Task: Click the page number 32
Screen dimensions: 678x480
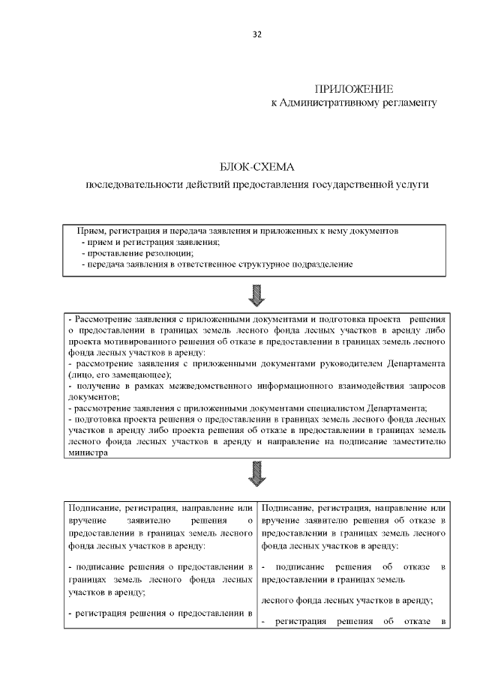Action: pyautogui.click(x=257, y=35)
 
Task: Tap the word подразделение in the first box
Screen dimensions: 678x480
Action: pyautogui.click(x=320, y=264)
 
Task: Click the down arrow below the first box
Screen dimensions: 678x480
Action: pyautogui.click(x=256, y=294)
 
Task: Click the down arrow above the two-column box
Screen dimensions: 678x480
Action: pyautogui.click(x=256, y=473)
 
